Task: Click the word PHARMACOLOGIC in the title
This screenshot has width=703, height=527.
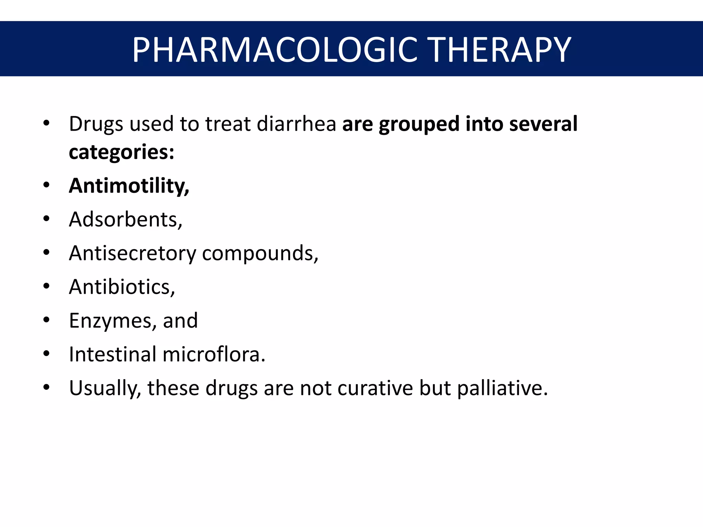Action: point(274,50)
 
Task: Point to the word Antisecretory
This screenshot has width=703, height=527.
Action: point(132,254)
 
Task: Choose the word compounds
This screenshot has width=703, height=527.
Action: point(260,254)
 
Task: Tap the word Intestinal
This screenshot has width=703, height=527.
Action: point(113,354)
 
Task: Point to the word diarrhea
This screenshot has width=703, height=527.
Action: point(296,124)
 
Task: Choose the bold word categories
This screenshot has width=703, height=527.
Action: point(121,152)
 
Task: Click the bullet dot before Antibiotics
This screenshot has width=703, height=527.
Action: point(46,286)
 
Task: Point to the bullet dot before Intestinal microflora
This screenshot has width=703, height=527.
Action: point(46,353)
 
